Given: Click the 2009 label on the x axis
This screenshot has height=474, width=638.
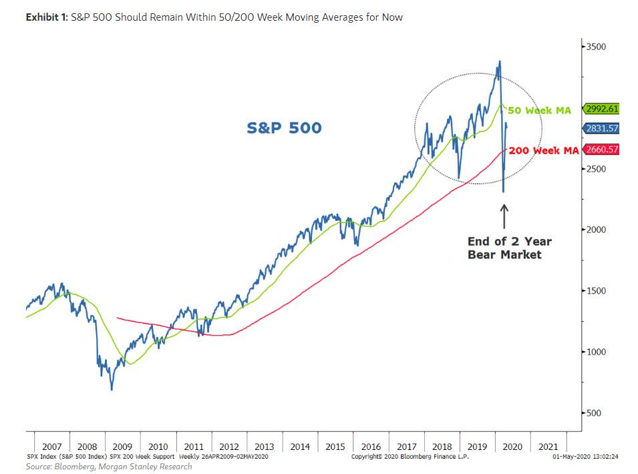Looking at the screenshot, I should [122, 447].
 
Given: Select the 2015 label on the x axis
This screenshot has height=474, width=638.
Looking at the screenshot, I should [335, 447].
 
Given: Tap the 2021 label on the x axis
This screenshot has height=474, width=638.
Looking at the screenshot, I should [548, 447].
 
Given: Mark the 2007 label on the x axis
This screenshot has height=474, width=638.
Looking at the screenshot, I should [51, 447].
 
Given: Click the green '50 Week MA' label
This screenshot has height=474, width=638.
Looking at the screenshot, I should [540, 110].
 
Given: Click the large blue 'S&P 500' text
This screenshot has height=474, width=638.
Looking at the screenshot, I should [284, 128].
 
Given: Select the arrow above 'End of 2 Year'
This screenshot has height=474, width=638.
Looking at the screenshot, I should [504, 216].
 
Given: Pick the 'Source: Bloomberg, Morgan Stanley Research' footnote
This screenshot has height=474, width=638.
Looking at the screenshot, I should [109, 467].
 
